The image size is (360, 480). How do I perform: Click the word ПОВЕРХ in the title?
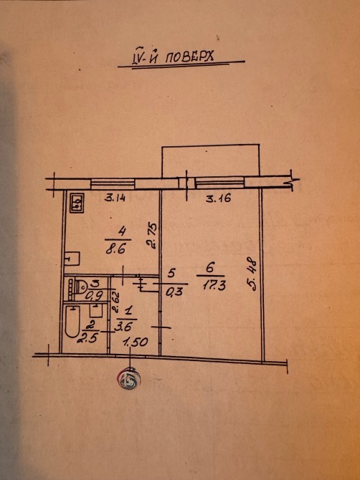189,57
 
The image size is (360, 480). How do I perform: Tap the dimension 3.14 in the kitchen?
115,198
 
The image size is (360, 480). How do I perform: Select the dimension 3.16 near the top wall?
219,198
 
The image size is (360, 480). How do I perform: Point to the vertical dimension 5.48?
253,274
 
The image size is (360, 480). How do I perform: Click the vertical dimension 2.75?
153,236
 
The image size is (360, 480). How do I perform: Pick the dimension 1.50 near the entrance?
136,342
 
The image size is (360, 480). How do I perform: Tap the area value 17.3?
214,286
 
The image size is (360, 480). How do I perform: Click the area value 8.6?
115,250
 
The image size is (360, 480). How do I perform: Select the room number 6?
210,268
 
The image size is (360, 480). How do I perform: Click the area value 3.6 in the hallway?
123,326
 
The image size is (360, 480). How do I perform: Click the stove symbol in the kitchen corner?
77,203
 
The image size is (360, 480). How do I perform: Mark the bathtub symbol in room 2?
72,322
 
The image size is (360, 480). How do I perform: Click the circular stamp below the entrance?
128,380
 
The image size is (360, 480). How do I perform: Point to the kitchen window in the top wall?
113,184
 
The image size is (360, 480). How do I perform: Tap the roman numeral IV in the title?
137,58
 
